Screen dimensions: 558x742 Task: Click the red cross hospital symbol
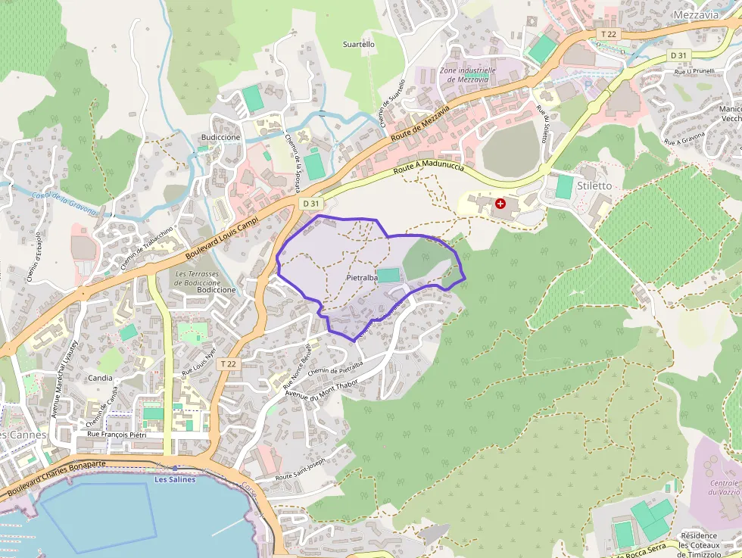500,204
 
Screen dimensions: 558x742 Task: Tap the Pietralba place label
361,278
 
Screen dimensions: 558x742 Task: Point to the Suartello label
359,45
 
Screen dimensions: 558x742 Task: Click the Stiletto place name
594,185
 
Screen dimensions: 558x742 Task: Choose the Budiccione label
220,137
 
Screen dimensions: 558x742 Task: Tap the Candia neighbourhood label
100,377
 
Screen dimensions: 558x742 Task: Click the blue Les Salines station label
175,479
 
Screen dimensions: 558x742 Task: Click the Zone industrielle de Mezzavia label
468,74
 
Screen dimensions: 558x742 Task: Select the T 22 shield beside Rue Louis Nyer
228,364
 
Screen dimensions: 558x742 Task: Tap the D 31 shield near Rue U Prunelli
678,56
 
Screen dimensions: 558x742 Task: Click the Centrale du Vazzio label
724,487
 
